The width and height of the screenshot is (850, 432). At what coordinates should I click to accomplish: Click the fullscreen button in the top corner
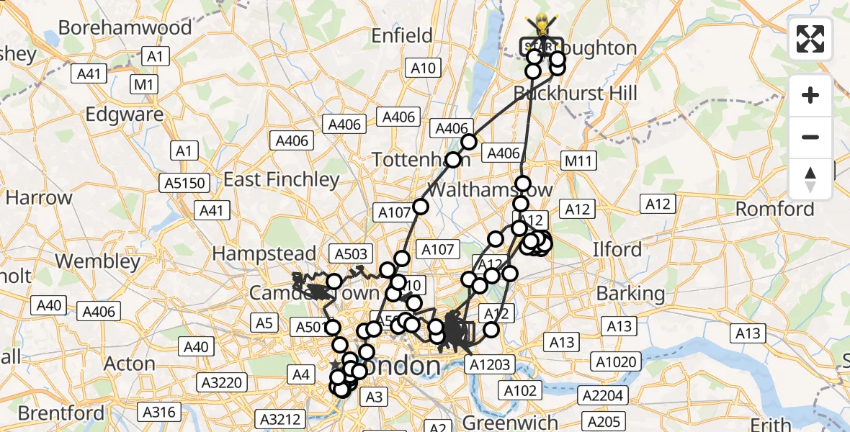(810, 38)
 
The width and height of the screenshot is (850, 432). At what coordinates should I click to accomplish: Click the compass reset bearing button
(810, 179)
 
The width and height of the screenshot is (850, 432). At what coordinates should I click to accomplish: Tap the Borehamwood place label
(125, 28)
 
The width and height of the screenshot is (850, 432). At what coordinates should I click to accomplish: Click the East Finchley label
(282, 179)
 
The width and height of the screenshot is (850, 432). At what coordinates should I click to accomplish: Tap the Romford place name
(775, 210)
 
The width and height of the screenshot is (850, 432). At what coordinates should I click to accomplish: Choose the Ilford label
(617, 250)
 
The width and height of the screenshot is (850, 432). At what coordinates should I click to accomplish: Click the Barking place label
(631, 294)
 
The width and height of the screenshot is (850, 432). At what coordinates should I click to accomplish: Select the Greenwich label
(511, 422)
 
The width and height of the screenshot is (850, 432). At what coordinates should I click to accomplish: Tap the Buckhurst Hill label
(576, 94)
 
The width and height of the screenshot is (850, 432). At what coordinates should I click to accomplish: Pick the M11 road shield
(578, 161)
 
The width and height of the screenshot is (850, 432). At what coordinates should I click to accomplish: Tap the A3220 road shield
(221, 382)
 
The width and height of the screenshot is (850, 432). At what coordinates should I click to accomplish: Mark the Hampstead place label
(264, 253)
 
